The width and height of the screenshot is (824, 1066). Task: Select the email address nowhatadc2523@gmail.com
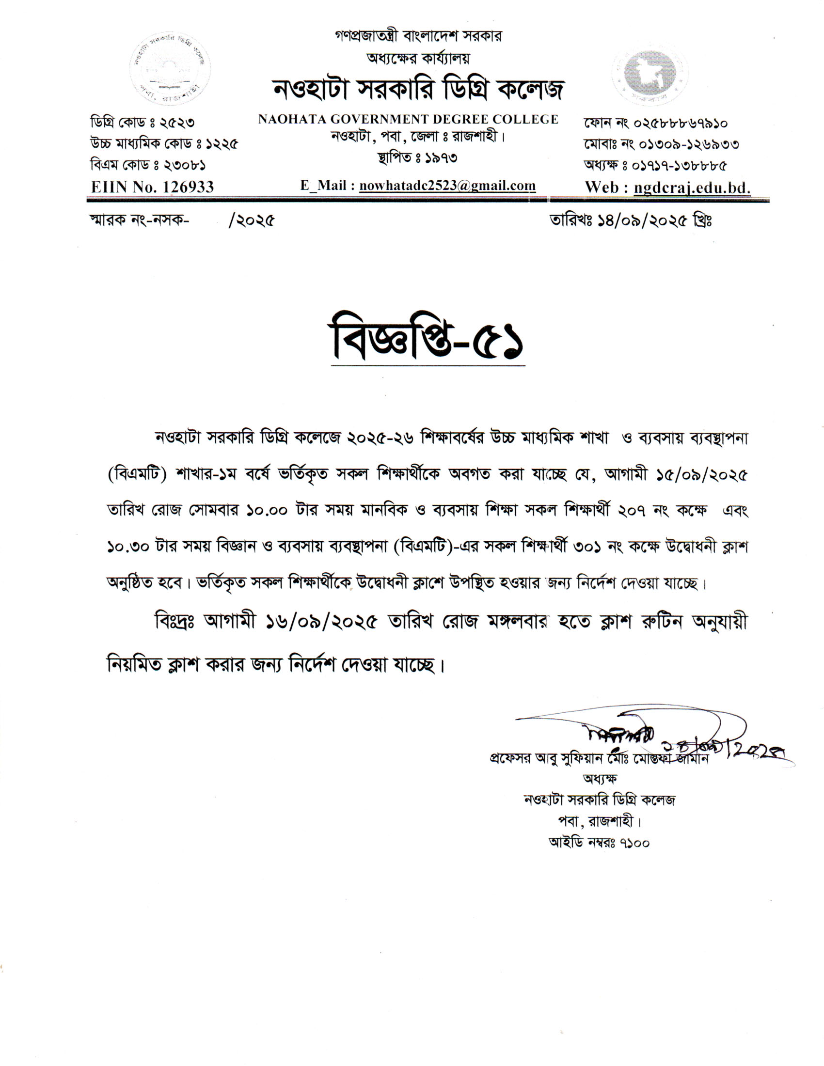(447, 186)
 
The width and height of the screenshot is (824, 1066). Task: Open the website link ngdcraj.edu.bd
(692, 188)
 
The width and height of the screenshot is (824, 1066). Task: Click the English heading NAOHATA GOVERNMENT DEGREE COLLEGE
(408, 120)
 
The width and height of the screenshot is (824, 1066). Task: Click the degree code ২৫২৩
(174, 122)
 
